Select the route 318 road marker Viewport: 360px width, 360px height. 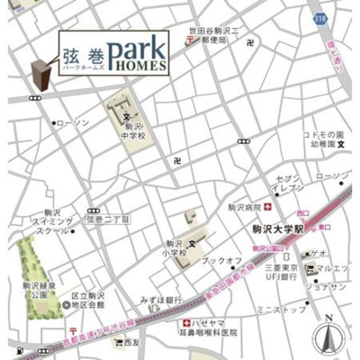point(320,17)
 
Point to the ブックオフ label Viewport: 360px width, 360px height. point(220,261)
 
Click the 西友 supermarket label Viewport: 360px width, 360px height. point(132,342)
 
